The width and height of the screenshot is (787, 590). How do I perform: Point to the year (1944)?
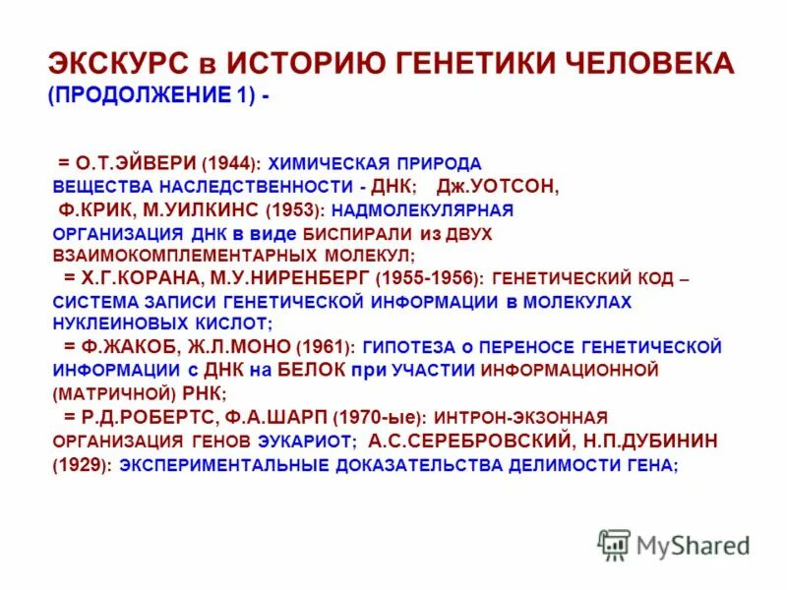[x=229, y=163]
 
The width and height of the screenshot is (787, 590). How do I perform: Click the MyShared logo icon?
[x=614, y=543]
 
